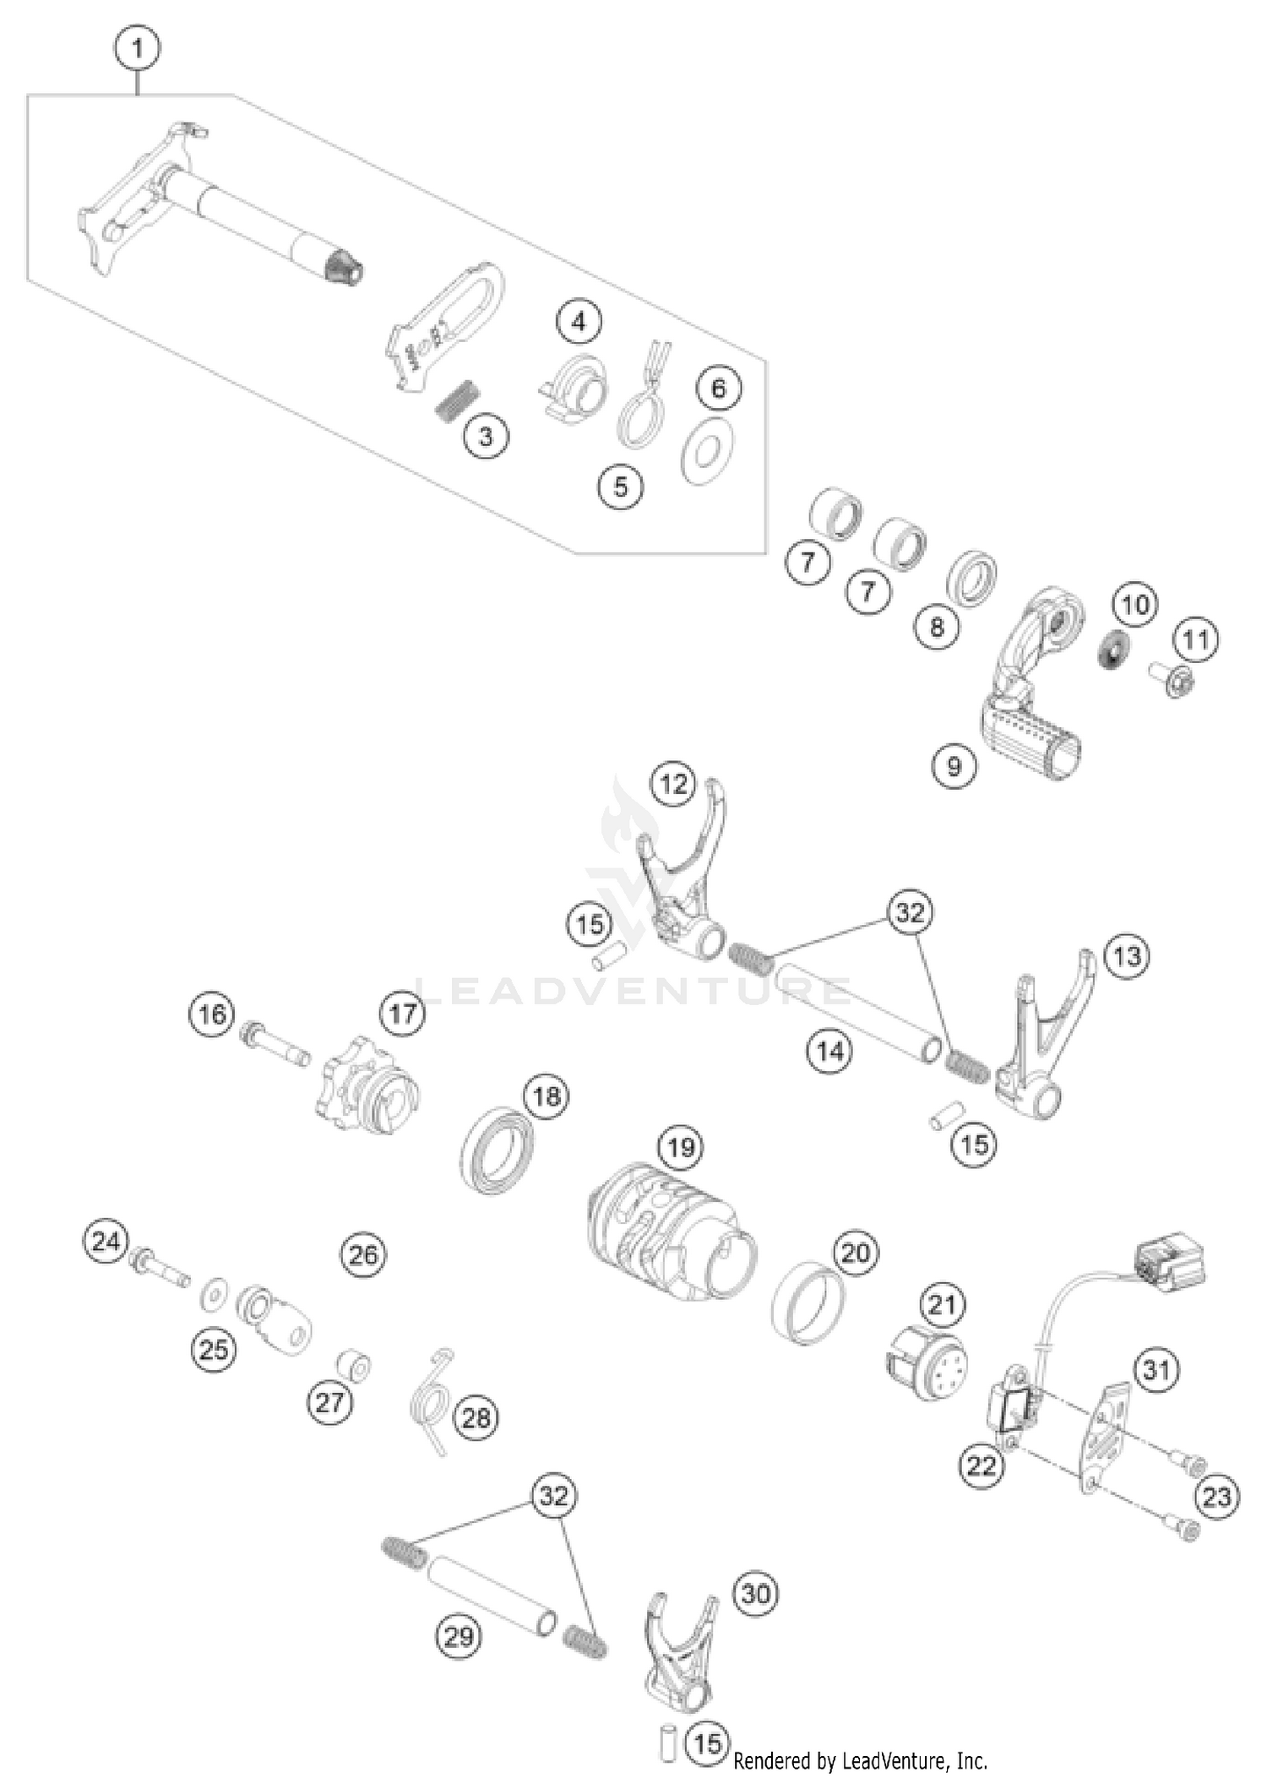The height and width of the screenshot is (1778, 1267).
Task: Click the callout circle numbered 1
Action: pyautogui.click(x=137, y=49)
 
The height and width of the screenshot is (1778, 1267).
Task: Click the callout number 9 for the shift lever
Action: pyautogui.click(x=954, y=766)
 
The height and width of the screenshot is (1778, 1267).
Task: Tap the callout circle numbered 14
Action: pyautogui.click(x=829, y=1051)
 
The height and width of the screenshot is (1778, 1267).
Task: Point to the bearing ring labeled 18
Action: pyautogui.click(x=498, y=1150)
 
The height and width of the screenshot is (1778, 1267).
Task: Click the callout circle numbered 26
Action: pyautogui.click(x=363, y=1255)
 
